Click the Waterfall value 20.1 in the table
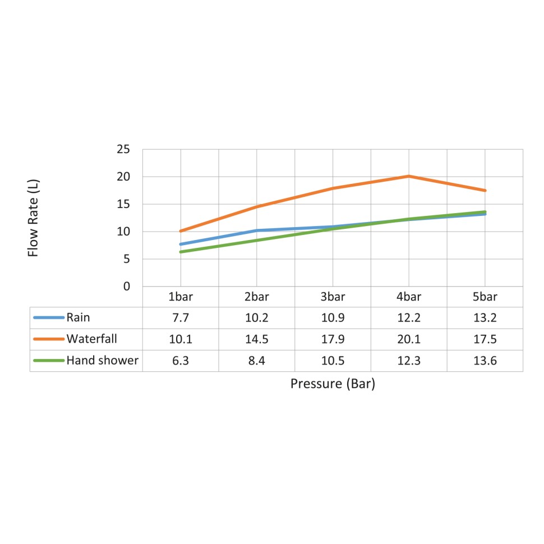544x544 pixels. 409,339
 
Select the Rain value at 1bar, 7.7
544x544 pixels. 181,318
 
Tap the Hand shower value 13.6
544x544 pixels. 485,361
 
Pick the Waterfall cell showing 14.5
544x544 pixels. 257,339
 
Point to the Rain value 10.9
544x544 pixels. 333,318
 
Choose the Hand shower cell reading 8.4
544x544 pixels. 257,361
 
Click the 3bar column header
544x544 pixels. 333,297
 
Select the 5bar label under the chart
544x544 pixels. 485,297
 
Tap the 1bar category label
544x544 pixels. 181,297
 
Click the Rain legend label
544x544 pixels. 78,318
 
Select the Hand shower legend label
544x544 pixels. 102,361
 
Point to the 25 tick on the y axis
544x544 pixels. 123,149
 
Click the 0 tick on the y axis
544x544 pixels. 126,287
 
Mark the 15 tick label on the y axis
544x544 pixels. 123,204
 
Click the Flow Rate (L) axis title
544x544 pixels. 34,218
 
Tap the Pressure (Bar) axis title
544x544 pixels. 333,384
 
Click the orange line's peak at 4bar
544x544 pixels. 409,176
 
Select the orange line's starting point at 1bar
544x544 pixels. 181,231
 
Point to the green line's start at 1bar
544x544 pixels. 181,252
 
